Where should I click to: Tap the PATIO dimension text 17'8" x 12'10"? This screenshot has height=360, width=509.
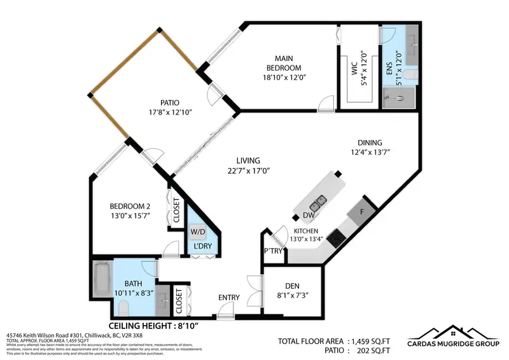coord(169,112)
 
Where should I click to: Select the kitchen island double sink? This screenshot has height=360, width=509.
coord(318,203)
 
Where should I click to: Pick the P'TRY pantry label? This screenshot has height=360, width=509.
coord(274,251)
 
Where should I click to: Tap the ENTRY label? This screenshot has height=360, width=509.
coord(228,297)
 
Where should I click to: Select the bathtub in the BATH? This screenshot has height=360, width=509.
coord(102,279)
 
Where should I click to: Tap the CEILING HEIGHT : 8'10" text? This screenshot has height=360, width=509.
coord(154,325)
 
